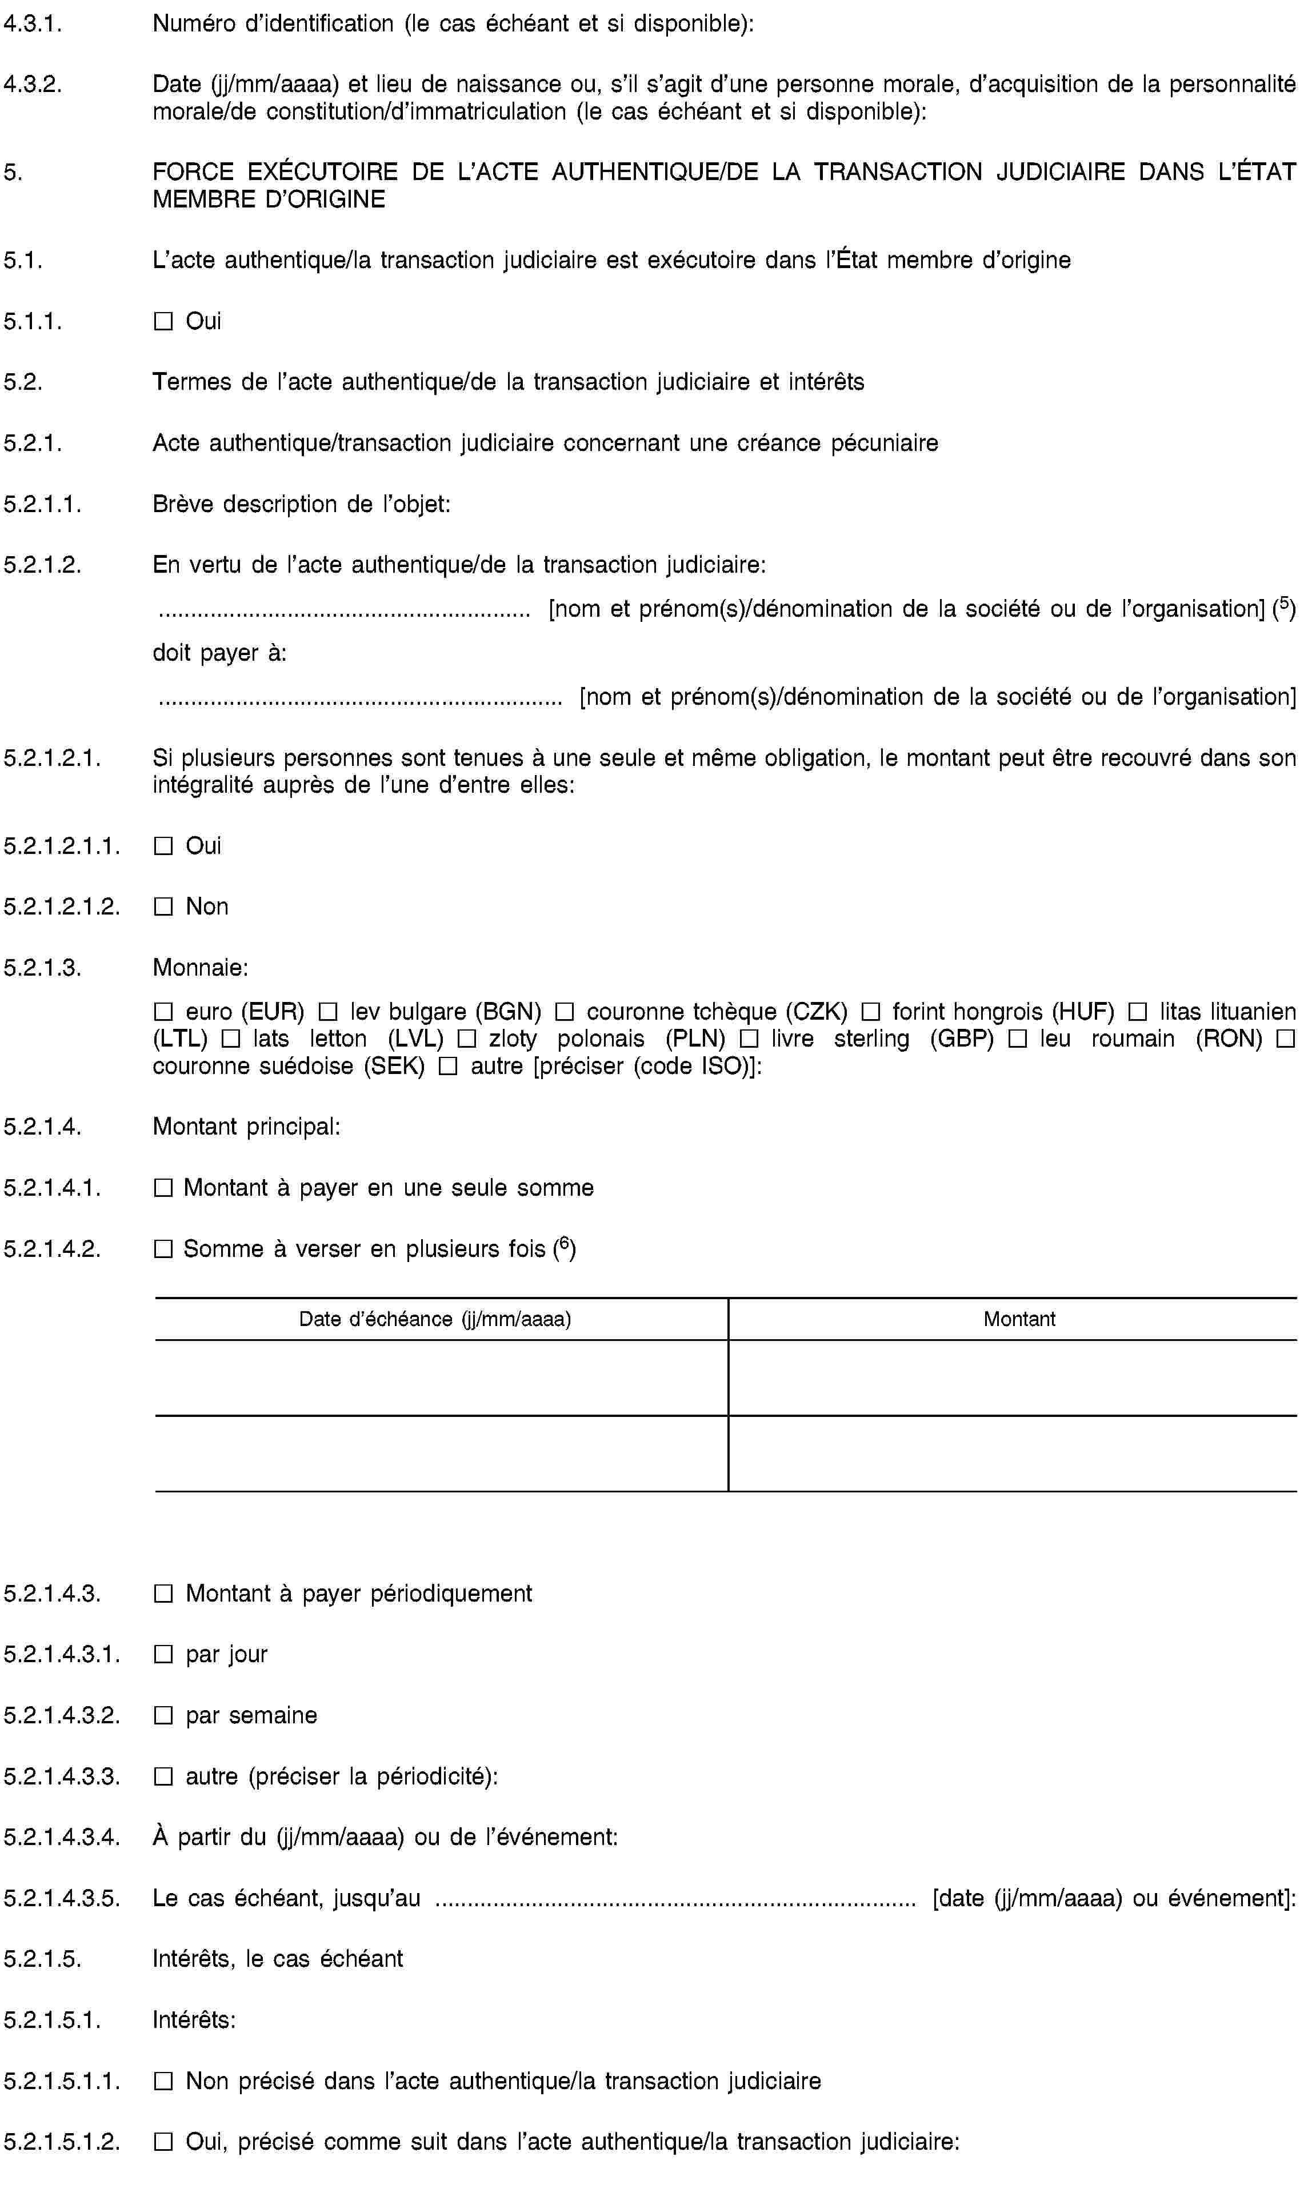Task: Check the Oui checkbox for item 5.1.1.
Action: (163, 322)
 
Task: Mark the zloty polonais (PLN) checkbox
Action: (466, 1039)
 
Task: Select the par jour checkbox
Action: (163, 1654)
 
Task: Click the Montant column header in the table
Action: (1019, 1319)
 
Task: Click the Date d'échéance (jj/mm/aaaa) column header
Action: (435, 1319)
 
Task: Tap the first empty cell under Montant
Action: (1012, 1378)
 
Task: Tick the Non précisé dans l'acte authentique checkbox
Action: (163, 2081)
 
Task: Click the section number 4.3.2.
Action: (33, 84)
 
